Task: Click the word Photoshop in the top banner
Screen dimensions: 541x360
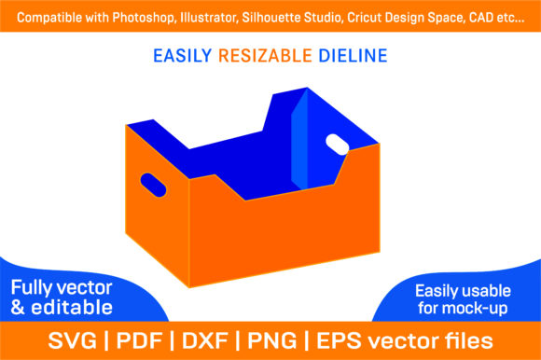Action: click(x=145, y=18)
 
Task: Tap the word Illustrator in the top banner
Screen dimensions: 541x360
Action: click(x=209, y=18)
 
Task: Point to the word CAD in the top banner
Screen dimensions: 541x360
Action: click(x=480, y=17)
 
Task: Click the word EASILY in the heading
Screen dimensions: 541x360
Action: click(x=183, y=56)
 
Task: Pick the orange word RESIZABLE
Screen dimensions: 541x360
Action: click(x=265, y=56)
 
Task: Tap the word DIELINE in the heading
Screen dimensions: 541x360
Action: click(x=353, y=56)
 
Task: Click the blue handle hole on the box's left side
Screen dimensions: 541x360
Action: click(x=153, y=186)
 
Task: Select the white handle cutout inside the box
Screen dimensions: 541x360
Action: click(x=338, y=145)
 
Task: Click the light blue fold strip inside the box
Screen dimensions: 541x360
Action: click(x=299, y=140)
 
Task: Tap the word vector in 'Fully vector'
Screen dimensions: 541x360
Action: click(x=85, y=287)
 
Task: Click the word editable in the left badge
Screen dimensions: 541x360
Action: click(x=72, y=307)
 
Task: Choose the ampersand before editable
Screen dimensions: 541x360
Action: click(x=18, y=307)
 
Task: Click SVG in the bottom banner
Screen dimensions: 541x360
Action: click(x=73, y=340)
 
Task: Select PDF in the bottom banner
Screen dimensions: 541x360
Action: click(x=139, y=340)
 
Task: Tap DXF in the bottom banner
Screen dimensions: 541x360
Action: click(x=205, y=340)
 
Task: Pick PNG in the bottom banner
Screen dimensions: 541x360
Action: click(x=272, y=340)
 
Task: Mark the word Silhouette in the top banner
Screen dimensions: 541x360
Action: click(x=291, y=18)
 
